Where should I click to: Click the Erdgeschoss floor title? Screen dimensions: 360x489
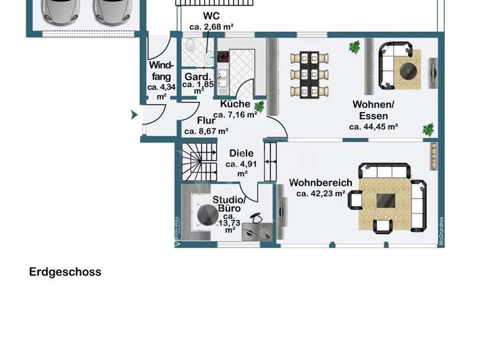[65, 272]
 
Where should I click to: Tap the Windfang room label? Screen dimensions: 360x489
[161, 71]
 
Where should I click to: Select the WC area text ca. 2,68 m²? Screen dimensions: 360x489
[211, 26]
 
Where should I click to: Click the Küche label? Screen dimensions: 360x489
[235, 104]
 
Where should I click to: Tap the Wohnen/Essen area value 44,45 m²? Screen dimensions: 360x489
[373, 126]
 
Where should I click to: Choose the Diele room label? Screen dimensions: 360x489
[241, 153]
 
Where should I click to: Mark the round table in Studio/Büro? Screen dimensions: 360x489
[208, 216]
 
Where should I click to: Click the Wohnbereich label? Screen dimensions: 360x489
[321, 183]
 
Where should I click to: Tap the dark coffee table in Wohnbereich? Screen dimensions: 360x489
[386, 200]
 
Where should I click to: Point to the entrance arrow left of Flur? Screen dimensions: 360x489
[133, 115]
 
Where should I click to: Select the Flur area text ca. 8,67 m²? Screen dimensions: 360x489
[206, 132]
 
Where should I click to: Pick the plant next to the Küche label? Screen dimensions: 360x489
[259, 107]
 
